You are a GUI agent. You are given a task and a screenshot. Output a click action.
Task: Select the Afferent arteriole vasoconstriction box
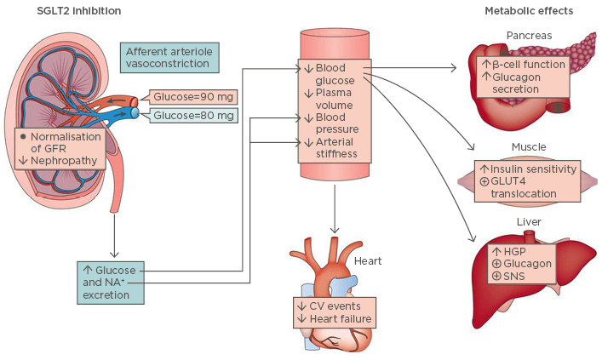[x=170, y=58]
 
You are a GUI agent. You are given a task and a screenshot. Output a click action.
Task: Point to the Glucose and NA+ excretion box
[x=108, y=283]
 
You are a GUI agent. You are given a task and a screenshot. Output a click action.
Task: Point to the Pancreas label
[x=528, y=37]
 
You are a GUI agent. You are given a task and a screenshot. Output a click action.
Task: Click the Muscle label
[x=529, y=147]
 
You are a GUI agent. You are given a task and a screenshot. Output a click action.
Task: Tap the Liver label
[x=528, y=223]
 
